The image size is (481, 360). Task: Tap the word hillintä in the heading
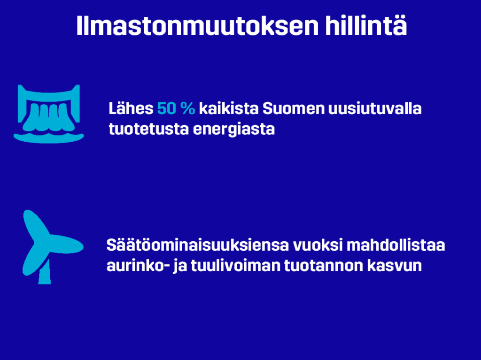(366, 25)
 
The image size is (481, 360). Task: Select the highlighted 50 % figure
(176, 108)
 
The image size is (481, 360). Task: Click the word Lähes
(131, 108)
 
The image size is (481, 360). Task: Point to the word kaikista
(229, 108)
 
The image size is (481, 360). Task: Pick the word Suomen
(294, 108)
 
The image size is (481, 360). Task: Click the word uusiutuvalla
(375, 108)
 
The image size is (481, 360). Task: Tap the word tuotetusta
(149, 129)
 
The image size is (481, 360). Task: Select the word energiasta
(234, 129)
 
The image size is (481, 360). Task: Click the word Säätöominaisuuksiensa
(198, 245)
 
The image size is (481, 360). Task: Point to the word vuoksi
(318, 245)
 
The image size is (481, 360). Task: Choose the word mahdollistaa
(396, 245)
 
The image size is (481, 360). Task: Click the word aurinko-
(138, 266)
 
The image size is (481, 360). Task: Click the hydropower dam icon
(49, 114)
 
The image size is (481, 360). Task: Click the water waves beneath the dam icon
(49, 138)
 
